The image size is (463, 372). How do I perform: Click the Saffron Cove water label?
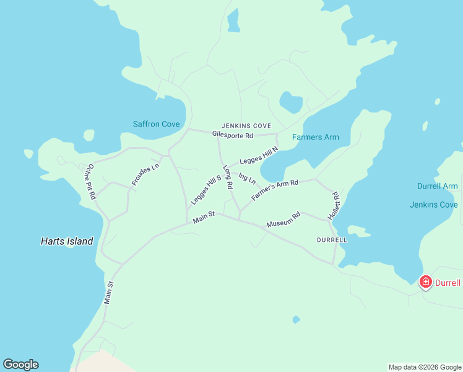(x=156, y=124)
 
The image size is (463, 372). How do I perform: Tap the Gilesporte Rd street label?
(x=233, y=135)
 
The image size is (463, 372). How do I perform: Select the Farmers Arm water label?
(x=316, y=137)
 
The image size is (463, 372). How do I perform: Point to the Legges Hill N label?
(x=259, y=156)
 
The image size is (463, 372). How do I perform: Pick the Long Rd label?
(x=228, y=177)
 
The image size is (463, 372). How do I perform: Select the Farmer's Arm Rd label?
(x=275, y=190)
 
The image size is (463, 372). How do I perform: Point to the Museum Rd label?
(x=283, y=219)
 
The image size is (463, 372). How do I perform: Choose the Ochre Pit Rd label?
(x=91, y=181)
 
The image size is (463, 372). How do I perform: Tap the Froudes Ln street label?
(x=145, y=174)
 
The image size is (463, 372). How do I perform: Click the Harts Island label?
(x=67, y=241)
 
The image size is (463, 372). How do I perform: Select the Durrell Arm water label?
(x=437, y=186)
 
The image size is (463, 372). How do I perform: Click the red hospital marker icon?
(x=426, y=282)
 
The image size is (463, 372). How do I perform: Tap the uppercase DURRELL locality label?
(x=332, y=239)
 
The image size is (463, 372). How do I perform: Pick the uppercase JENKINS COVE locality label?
(x=246, y=125)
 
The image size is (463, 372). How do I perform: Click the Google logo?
(x=20, y=365)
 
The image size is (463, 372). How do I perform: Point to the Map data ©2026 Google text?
(x=424, y=367)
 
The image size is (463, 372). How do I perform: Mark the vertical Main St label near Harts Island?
(x=110, y=293)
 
